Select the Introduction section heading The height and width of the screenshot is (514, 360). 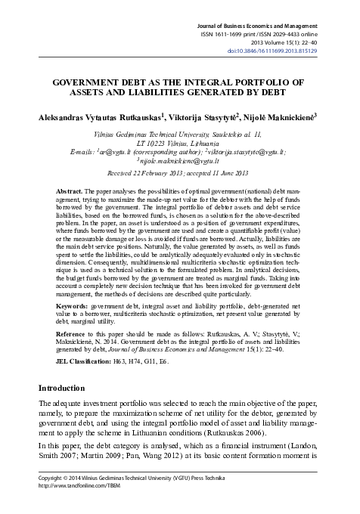70,388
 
